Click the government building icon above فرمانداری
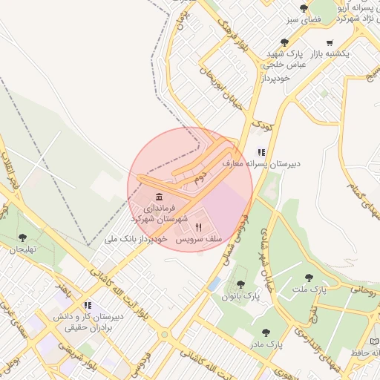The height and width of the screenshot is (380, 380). coord(160,196)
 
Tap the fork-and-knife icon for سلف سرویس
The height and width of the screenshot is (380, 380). coord(197,227)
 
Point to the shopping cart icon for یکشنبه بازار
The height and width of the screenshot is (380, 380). coord(330,42)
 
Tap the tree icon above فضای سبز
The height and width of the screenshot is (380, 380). coord(304,8)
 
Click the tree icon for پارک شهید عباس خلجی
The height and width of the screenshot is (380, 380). coord(284,43)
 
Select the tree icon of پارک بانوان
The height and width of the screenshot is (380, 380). coord(239,283)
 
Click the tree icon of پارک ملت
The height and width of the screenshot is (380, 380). coord(309,277)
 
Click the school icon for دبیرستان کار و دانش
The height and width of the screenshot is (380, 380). coord(88,304)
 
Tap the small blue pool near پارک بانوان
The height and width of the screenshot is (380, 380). coord(214,284)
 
